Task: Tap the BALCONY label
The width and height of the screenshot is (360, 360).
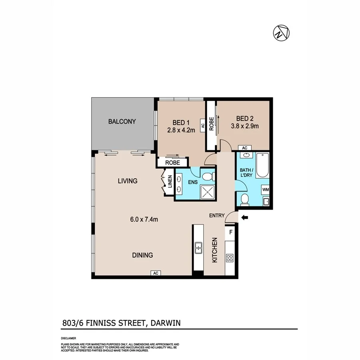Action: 122,122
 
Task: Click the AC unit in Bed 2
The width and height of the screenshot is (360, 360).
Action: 245,148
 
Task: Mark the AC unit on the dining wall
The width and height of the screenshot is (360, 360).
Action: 156,273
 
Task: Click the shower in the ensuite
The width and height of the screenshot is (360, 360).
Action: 208,192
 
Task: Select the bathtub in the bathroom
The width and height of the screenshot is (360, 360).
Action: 262,165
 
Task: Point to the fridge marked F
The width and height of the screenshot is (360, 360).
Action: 230,232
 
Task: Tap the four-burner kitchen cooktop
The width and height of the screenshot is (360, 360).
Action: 230,258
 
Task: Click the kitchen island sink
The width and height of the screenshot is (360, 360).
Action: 198,248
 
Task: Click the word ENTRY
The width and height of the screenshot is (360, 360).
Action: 217,216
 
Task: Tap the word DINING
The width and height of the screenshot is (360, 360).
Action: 142,255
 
